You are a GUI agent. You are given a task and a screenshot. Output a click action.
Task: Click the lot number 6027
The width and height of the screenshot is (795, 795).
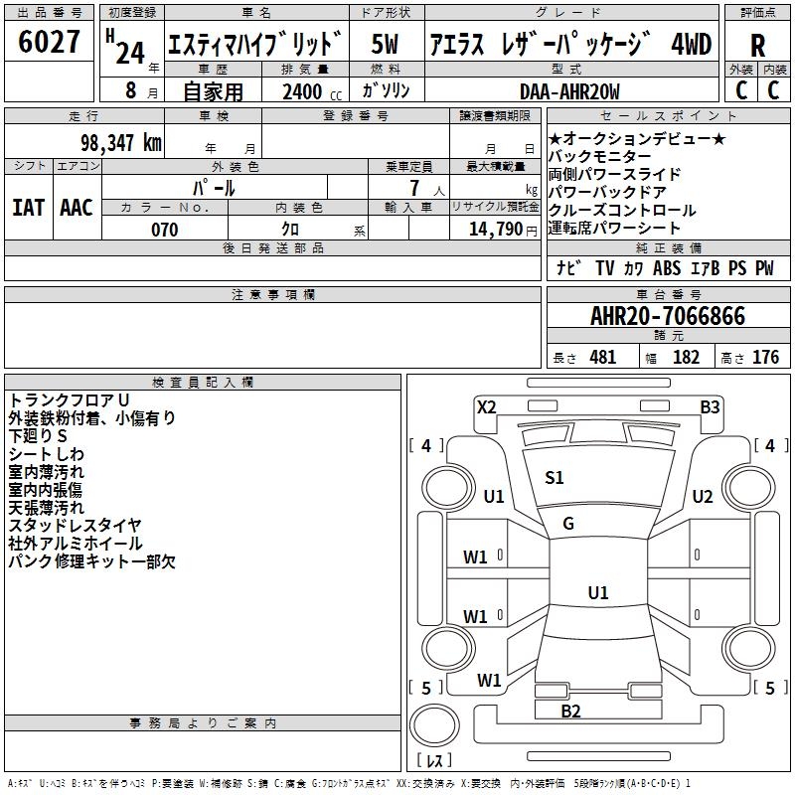[x=50, y=43]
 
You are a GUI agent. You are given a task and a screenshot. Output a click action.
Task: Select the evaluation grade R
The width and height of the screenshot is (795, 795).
[x=757, y=46]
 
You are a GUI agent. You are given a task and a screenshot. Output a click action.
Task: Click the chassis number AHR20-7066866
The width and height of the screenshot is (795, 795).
[x=667, y=316]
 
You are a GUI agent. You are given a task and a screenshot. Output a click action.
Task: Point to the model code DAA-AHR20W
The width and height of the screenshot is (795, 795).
[x=569, y=91]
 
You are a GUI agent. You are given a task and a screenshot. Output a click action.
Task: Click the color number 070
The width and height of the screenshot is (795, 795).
[x=164, y=230]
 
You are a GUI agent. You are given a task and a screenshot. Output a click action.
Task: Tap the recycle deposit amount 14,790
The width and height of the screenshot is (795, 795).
[x=494, y=230]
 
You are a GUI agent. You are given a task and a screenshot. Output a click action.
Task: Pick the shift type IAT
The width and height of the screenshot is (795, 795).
[x=29, y=207]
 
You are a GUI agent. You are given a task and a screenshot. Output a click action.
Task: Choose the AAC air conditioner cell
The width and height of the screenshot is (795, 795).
[x=77, y=207]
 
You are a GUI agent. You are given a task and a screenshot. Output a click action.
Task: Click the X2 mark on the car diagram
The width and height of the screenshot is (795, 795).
[x=487, y=405]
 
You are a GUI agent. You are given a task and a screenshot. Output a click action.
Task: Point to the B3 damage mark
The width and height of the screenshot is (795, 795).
[x=710, y=405]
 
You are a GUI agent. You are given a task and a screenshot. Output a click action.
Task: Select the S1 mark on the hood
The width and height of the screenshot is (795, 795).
[x=555, y=478]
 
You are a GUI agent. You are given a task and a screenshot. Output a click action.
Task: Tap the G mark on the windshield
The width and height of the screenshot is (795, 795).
[x=568, y=524]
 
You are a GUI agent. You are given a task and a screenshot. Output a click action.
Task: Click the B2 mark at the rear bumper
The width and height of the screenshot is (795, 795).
[x=570, y=711]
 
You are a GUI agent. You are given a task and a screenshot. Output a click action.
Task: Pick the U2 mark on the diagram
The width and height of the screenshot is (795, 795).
[x=703, y=497]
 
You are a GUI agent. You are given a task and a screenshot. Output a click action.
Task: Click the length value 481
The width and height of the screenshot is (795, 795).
[x=602, y=358]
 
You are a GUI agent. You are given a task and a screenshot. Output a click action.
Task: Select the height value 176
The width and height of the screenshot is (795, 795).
[x=765, y=358]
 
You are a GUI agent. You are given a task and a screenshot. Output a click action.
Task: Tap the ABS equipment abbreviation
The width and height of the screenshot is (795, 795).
[x=667, y=268]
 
